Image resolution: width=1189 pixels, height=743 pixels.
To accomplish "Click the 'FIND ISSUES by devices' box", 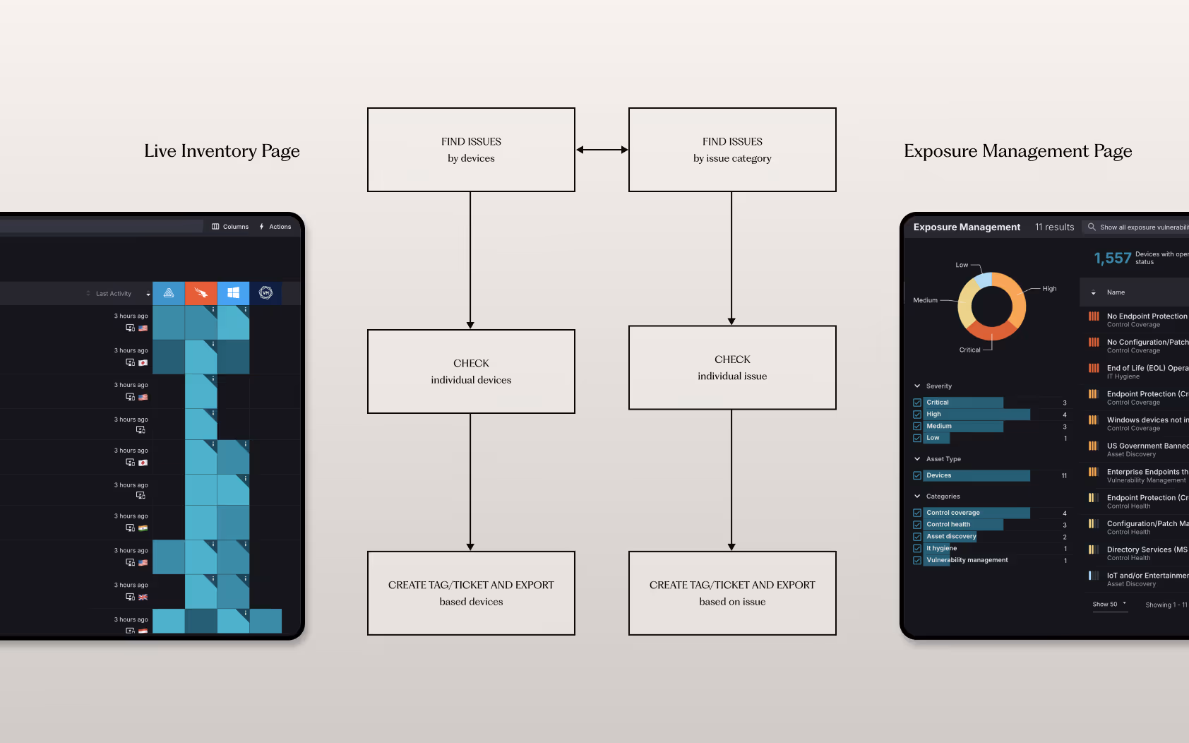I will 471,150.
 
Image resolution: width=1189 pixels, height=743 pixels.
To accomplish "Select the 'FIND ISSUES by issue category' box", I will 732,150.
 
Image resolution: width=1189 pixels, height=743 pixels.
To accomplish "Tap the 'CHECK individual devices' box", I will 471,371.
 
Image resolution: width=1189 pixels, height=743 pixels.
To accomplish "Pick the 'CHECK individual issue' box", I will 732,367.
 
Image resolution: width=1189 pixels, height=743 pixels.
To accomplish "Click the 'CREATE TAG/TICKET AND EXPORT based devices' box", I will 471,593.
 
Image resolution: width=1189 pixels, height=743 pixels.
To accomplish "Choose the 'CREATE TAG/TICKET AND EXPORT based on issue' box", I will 732,593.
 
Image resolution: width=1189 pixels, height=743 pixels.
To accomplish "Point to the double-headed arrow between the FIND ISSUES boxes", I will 602,150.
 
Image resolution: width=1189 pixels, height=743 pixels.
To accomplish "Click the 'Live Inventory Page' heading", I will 222,151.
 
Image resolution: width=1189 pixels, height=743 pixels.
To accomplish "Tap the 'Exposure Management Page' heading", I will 1017,151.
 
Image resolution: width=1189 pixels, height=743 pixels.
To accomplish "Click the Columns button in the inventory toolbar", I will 230,227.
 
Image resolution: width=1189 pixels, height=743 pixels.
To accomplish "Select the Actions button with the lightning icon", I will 275,227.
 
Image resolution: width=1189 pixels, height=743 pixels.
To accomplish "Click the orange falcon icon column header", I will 201,293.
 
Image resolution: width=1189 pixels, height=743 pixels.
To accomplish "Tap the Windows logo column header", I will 233,293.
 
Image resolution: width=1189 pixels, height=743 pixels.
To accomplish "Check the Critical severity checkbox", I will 917,403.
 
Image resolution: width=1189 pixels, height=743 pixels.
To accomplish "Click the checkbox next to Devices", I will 917,476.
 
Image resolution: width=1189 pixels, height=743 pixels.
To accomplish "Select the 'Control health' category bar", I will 963,525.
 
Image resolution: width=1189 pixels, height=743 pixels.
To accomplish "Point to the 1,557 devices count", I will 1112,258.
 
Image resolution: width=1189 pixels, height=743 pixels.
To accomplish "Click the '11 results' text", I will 1054,227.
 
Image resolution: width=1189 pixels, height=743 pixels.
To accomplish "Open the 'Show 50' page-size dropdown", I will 1109,605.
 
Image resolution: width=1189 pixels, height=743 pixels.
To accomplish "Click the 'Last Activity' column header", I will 114,294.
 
